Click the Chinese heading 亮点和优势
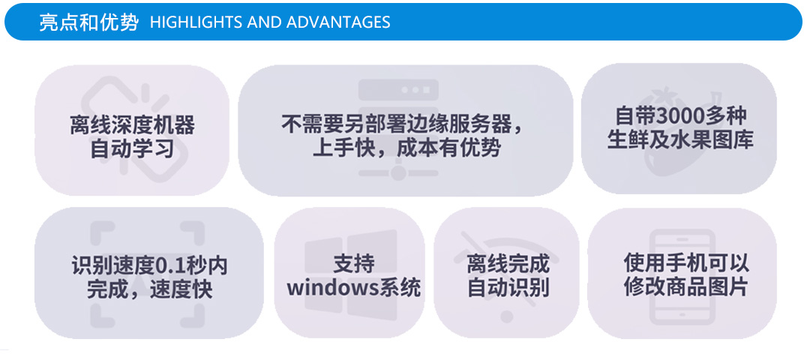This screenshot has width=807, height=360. (x=88, y=22)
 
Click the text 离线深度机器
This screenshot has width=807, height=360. (x=132, y=125)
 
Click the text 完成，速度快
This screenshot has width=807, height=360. (x=149, y=289)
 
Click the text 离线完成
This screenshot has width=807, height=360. (x=508, y=265)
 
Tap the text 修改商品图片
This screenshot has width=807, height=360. (x=686, y=286)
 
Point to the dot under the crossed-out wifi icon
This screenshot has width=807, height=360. (x=508, y=316)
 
